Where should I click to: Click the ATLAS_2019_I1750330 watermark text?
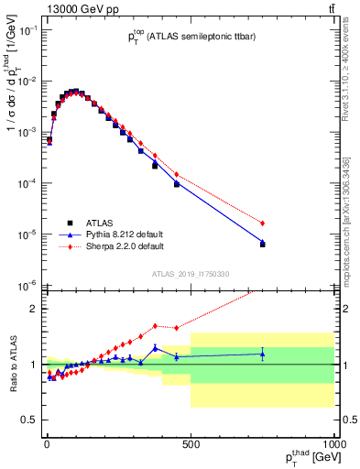tap(190, 274)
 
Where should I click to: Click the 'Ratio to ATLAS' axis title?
tap(12, 363)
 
